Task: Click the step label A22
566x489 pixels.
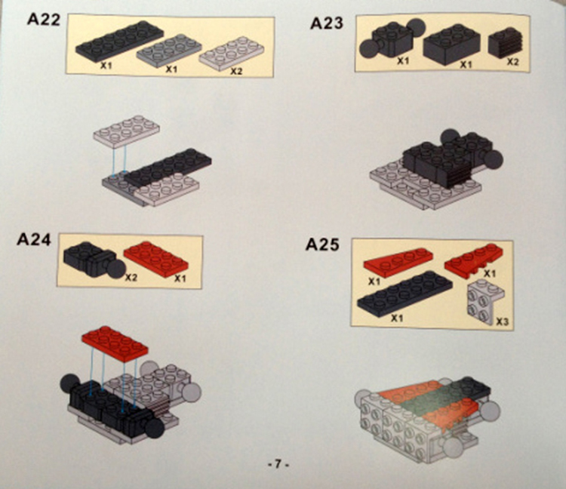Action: [x=44, y=19]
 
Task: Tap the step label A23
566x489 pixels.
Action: [x=327, y=23]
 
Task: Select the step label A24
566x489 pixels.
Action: [x=34, y=239]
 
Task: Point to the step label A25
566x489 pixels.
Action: [x=322, y=244]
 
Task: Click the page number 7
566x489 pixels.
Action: [x=278, y=464]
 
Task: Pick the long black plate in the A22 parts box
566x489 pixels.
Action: [x=119, y=40]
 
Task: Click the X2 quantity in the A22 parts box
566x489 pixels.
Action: [x=236, y=71]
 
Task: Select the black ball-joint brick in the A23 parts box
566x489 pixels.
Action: [x=392, y=38]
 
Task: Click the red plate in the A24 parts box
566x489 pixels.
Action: [x=156, y=259]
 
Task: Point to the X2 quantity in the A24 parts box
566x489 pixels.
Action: [x=131, y=278]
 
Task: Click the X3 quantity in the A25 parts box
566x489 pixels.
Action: [x=502, y=321]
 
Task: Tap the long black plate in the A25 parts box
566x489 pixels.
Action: [x=405, y=294]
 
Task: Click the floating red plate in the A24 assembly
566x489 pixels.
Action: [x=115, y=343]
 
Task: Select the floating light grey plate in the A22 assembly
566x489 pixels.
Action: [x=127, y=131]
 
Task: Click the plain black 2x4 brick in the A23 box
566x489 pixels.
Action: [x=451, y=45]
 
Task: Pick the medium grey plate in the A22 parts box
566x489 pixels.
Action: [x=169, y=51]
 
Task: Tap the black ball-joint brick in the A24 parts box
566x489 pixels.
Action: [x=94, y=260]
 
